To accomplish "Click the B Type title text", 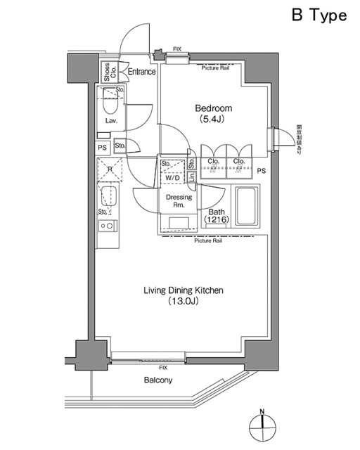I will [319, 15].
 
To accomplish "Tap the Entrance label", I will [141, 71].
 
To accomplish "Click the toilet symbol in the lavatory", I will [110, 103].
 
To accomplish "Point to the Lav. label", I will [110, 121].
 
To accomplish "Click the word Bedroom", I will [214, 109].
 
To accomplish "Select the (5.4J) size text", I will [214, 121].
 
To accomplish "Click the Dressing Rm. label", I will [179, 202].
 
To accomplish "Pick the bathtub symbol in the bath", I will [246, 206].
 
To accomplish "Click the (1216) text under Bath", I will [216, 220].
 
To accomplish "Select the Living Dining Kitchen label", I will [184, 290].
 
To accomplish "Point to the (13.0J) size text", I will [184, 302].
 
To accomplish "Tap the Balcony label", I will [158, 380].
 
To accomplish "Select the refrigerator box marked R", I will [110, 169].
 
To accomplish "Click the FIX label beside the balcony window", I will [163, 368].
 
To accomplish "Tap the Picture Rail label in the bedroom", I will [215, 67].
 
